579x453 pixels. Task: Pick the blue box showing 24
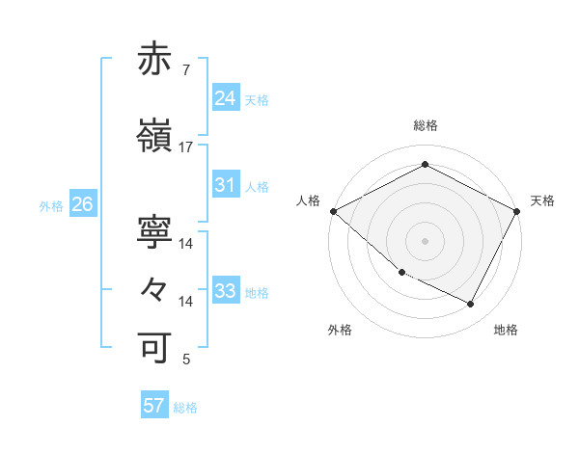coord(225,98)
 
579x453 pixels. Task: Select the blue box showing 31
coord(225,186)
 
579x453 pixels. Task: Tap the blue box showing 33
coord(225,291)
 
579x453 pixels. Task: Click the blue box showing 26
coord(82,204)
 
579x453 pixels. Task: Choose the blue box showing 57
coord(154,406)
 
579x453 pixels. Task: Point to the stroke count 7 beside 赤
coord(185,70)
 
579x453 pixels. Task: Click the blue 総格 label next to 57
coord(185,408)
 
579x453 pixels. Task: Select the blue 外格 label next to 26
coord(51,205)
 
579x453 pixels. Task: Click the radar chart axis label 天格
coord(542,200)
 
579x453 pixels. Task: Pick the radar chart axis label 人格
coord(309,200)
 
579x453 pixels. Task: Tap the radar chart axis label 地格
coord(506,330)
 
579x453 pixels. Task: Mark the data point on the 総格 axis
coord(425,165)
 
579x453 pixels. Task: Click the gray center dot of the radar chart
coord(425,240)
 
